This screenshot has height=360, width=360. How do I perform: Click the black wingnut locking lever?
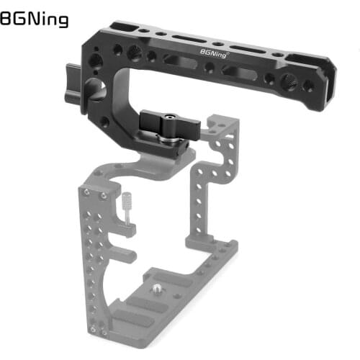point(168,120)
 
